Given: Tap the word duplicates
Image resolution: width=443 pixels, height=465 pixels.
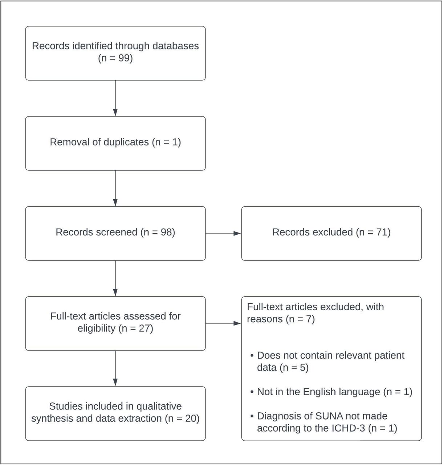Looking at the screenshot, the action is [x=126, y=142].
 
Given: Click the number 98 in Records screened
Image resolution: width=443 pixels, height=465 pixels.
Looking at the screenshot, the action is [x=166, y=232].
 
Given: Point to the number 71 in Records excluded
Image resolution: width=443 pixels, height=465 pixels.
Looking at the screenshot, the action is [x=381, y=232].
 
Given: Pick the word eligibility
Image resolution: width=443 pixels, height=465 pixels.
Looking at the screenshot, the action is [x=97, y=329].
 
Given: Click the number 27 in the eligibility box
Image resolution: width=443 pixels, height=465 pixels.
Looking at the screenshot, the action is [x=144, y=329].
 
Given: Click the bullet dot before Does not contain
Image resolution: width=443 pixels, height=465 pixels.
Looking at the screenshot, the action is [x=252, y=356].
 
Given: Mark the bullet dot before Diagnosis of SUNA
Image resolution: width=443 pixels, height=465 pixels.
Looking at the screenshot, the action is [x=252, y=416].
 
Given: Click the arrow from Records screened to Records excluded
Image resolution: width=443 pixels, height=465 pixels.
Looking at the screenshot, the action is [x=223, y=234].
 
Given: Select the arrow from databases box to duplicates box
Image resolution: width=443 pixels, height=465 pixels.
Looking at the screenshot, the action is [x=115, y=98].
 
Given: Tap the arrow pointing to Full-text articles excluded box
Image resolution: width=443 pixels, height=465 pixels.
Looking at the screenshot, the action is [x=223, y=323].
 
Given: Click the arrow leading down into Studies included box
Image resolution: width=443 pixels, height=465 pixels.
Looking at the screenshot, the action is [x=115, y=368].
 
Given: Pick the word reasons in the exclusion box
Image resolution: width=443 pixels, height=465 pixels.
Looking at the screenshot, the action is [x=265, y=319].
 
